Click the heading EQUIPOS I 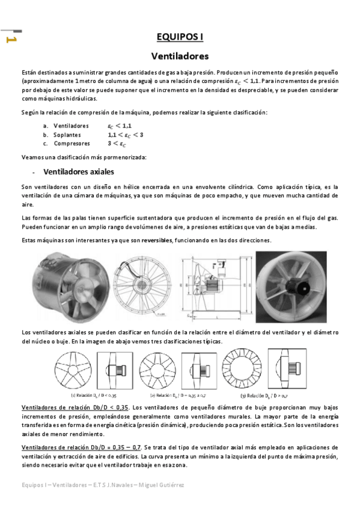180,37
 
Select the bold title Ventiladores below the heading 180,57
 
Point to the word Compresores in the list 72,144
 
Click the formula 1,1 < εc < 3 125,135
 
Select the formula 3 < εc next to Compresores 117,144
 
